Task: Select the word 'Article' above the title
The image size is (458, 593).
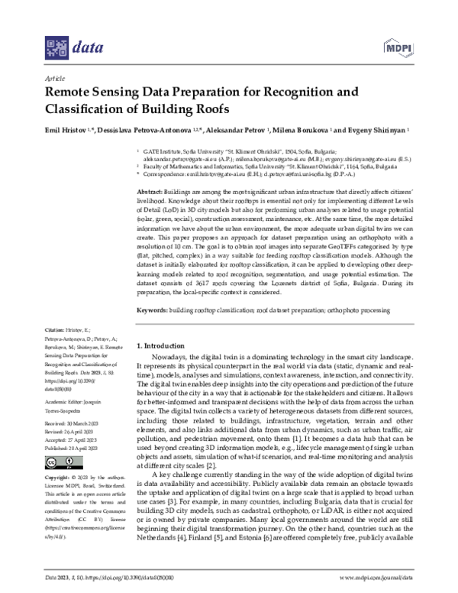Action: pos(54,77)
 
